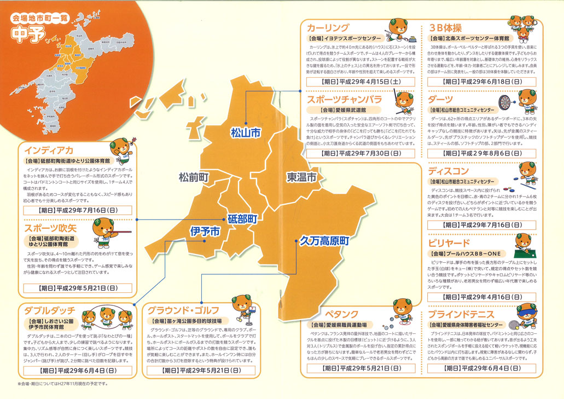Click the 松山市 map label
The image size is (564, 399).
tap(245, 132)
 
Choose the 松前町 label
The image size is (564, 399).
tap(194, 177)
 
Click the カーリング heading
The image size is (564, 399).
tap(328, 27)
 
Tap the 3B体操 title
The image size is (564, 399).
tap(449, 27)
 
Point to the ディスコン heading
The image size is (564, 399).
tap(449, 171)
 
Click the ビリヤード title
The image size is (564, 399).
tap(449, 243)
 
